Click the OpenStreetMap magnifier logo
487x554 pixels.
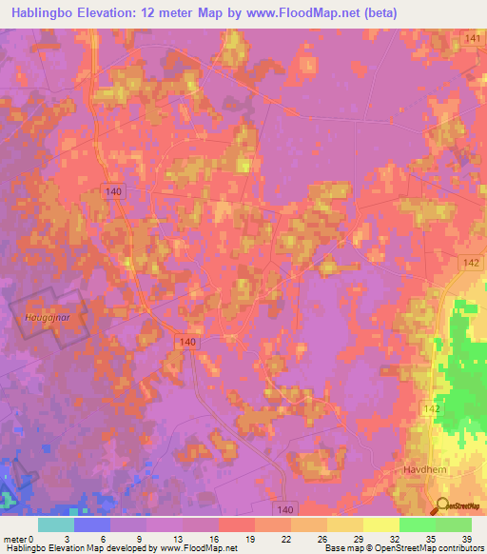(x=443, y=506)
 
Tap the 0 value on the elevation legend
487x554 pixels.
(x=31, y=538)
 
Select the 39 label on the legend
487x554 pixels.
(x=465, y=538)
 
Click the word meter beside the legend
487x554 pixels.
(x=14, y=538)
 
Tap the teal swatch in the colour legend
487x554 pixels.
(x=56, y=524)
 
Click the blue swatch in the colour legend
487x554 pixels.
(x=92, y=524)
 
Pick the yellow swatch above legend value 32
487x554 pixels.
(x=381, y=524)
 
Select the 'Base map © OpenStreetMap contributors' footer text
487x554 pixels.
(x=402, y=548)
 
